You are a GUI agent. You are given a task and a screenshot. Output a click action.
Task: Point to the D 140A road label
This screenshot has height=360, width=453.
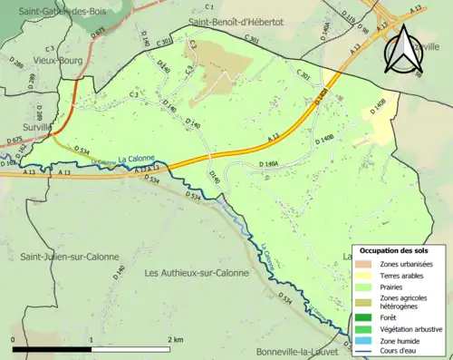(x=271, y=164)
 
